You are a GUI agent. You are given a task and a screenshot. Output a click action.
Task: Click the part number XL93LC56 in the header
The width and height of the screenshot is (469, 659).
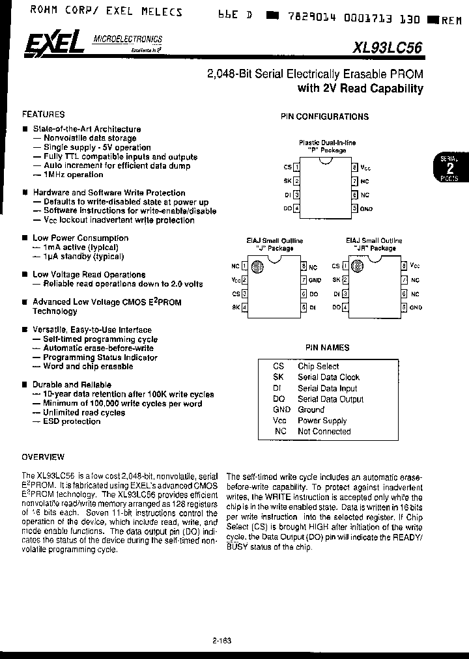coord(389,48)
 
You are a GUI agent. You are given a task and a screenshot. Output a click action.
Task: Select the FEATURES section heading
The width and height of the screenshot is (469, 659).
coord(44,113)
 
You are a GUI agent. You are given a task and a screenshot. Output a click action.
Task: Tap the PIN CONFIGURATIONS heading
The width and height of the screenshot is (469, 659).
coord(324,117)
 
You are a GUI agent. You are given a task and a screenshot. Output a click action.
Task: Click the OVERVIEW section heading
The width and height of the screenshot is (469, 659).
coord(43,456)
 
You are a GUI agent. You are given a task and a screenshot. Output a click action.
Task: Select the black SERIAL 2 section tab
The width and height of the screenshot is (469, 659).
coord(448,168)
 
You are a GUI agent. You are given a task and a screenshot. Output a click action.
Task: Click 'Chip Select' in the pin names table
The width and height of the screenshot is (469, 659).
coord(318,366)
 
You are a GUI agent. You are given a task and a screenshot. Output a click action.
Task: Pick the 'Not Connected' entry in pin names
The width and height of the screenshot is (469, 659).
coord(324,431)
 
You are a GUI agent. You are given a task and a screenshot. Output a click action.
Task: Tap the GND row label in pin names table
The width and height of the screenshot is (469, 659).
coord(281,410)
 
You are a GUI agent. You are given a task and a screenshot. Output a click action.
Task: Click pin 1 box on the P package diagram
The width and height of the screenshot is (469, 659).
coord(297,167)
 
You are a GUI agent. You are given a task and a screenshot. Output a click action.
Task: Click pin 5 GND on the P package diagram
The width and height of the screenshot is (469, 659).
coord(355,208)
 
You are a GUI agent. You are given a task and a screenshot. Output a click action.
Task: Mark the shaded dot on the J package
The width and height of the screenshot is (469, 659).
coord(258,266)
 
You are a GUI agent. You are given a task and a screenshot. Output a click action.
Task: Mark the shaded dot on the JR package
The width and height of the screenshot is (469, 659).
coord(357,266)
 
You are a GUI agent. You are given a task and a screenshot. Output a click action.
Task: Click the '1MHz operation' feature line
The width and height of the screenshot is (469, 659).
coord(73,175)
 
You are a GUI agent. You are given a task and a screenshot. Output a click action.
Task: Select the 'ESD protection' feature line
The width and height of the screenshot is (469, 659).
coord(72,421)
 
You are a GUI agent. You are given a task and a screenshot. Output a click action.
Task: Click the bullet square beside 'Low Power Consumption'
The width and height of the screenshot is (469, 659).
coord(25,238)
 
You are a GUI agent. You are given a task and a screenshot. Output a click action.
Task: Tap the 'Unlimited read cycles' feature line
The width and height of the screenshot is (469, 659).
coord(83,412)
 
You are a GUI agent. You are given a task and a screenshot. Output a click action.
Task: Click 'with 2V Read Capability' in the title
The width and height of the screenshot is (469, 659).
coord(360,89)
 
